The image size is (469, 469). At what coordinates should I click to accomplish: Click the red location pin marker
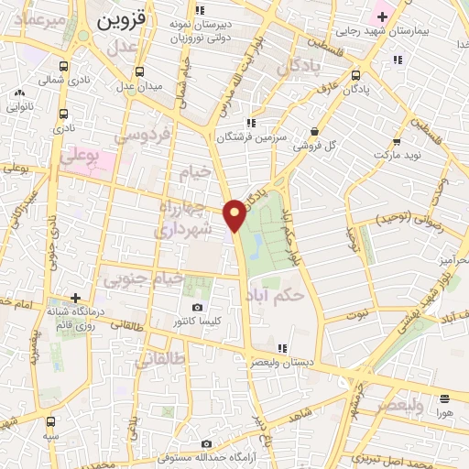point(235,214)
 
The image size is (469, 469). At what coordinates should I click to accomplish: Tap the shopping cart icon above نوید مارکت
point(398,141)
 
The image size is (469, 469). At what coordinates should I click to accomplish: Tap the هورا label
point(445,413)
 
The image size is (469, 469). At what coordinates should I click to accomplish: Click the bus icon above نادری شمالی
point(63,67)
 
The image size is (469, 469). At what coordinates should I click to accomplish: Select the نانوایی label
point(20,105)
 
